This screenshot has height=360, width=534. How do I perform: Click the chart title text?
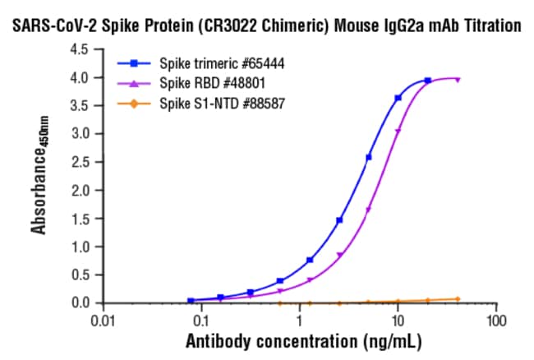(x=267, y=25)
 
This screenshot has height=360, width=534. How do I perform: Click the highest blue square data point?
(x=427, y=81)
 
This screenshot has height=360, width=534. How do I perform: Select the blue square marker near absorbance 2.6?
(x=369, y=157)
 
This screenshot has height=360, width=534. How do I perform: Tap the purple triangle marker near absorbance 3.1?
(x=398, y=131)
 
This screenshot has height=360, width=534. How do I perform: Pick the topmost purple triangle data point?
(x=457, y=80)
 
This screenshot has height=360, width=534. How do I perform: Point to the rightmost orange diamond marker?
(x=457, y=298)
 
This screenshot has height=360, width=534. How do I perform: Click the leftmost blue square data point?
(x=191, y=300)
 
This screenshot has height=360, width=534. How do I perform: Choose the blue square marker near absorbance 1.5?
(x=339, y=219)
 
